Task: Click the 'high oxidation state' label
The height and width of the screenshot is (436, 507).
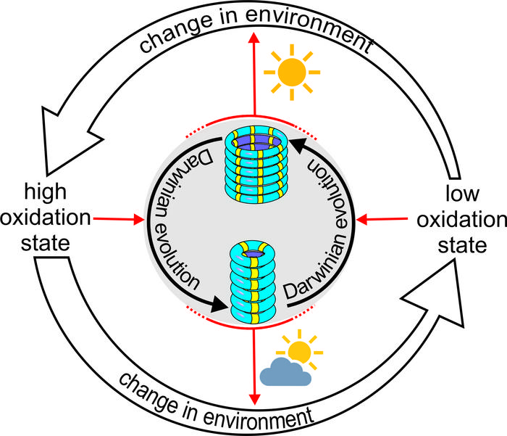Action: pyautogui.click(x=47, y=218)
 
